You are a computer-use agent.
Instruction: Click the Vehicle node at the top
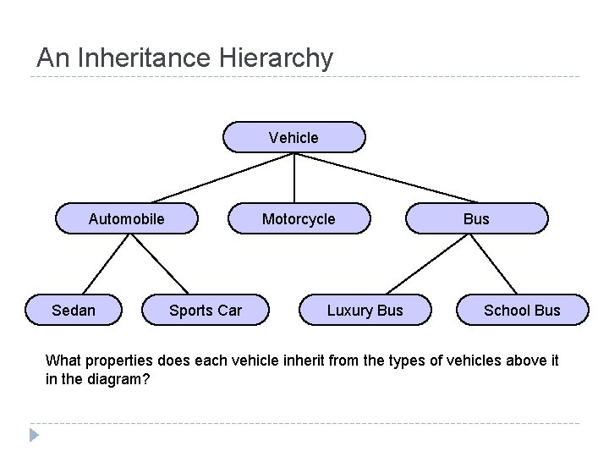pyautogui.click(x=294, y=137)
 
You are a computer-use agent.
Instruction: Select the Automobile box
pyautogui.click(x=127, y=219)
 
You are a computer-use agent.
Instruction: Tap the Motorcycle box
pyautogui.click(x=299, y=219)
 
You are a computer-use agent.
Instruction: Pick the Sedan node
pyautogui.click(x=74, y=310)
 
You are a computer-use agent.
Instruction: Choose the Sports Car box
pyautogui.click(x=206, y=310)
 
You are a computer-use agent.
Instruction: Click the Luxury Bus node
pyautogui.click(x=365, y=310)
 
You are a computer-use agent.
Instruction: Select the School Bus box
pyautogui.click(x=522, y=310)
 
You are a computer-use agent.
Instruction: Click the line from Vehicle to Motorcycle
pyautogui.click(x=294, y=178)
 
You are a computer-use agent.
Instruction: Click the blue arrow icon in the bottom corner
pyautogui.click(x=34, y=436)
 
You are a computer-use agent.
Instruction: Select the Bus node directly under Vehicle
pyautogui.click(x=477, y=219)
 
